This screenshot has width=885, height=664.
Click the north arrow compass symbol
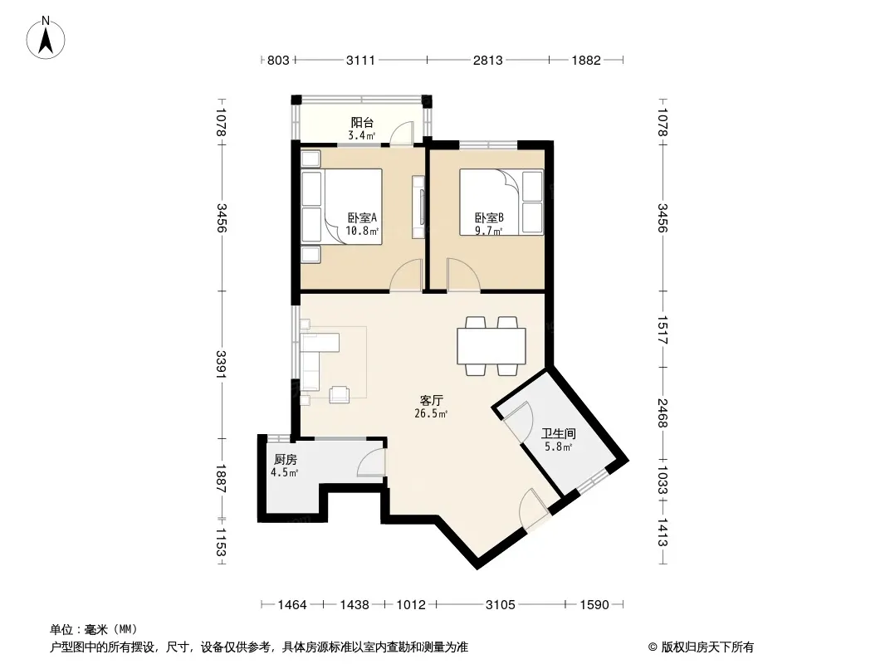[x=46, y=38]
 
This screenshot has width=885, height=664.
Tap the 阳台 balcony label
[x=362, y=122]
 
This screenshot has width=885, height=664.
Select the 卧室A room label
[x=362, y=217]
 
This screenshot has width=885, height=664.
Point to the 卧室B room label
[x=489, y=217]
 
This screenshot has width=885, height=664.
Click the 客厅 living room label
[x=431, y=401]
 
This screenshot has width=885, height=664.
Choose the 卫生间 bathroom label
[x=559, y=433]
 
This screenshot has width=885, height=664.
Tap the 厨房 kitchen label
[x=285, y=459]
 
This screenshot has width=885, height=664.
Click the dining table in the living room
[x=491, y=346]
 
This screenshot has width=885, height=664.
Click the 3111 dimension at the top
[x=360, y=60]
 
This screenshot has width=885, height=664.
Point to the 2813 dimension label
[x=487, y=60]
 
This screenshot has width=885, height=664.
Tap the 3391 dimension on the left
[x=221, y=365]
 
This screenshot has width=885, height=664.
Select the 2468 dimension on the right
[x=663, y=413]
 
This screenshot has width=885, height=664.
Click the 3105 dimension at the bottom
[x=500, y=605]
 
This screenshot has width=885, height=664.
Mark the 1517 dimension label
[x=663, y=330]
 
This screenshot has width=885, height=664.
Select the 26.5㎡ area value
[x=431, y=413]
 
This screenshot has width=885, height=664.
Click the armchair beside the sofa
[x=340, y=393]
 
